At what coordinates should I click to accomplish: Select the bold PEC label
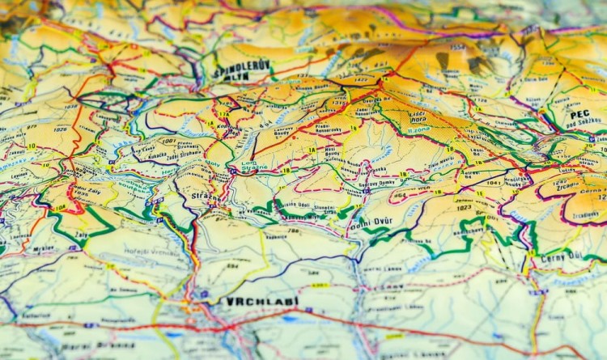pyautogui.click(x=579, y=115)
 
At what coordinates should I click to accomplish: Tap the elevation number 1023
pyautogui.click(x=464, y=207)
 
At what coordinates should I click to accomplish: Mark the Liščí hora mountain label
pyautogui.click(x=418, y=116)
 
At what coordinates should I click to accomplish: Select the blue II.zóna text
pyautogui.click(x=418, y=129)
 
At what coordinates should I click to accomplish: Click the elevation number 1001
pyautogui.click(x=168, y=141)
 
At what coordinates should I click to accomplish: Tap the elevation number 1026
pyautogui.click(x=61, y=129)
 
